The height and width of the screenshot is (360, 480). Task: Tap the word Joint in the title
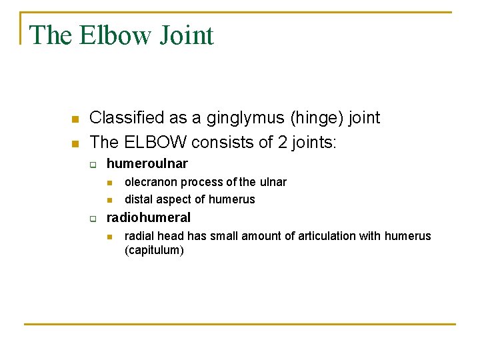click(x=186, y=35)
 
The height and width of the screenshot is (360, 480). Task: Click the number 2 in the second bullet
click(x=282, y=142)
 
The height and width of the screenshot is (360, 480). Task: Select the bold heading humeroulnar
click(x=147, y=163)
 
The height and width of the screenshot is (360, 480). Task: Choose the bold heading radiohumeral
click(x=149, y=217)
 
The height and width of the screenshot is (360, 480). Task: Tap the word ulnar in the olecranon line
click(x=272, y=182)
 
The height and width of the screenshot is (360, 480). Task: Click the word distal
click(x=139, y=199)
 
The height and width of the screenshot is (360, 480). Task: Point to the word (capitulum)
click(x=154, y=251)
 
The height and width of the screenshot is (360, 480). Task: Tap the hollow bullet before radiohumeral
click(x=93, y=219)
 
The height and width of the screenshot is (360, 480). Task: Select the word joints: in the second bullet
click(x=317, y=142)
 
